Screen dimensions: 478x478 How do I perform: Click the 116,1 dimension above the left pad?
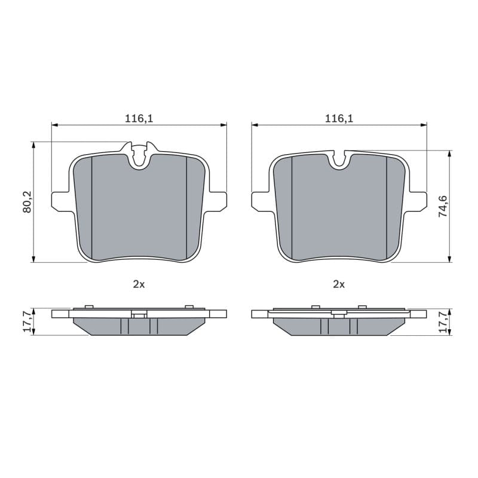(x=139, y=118)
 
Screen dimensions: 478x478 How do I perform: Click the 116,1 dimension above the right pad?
(x=339, y=118)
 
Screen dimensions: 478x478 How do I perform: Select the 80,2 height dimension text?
(x=27, y=203)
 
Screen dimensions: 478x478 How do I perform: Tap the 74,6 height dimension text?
(x=443, y=206)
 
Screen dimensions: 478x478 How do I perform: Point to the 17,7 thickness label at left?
(x=27, y=321)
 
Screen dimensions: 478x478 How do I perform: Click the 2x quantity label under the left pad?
(x=139, y=284)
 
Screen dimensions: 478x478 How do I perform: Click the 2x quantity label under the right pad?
(x=339, y=284)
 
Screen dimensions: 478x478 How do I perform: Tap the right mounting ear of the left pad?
(x=217, y=201)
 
